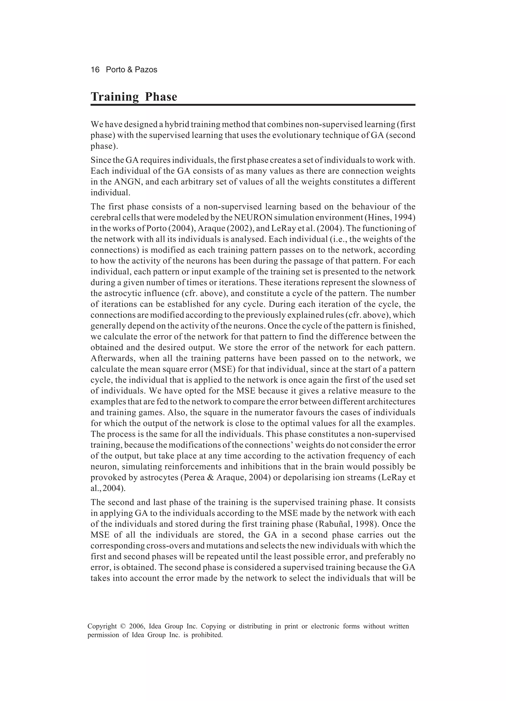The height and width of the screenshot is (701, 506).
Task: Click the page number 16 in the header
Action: coord(95,70)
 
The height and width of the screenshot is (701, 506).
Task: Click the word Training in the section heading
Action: coord(115,97)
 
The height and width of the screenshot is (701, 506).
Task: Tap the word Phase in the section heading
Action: coord(161,97)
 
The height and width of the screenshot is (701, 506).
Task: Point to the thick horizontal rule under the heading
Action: coord(253,105)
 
